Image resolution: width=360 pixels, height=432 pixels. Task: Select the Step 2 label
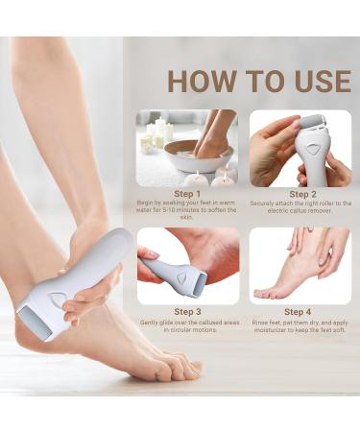pyautogui.click(x=300, y=193)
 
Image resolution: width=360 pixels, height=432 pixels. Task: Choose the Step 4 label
pyautogui.click(x=300, y=311)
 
